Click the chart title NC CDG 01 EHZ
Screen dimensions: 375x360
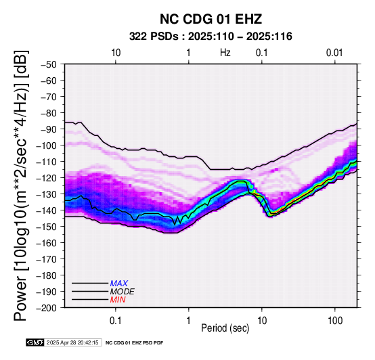(x=211, y=19)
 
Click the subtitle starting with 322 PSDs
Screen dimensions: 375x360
(x=211, y=37)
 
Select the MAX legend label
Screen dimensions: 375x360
(x=119, y=284)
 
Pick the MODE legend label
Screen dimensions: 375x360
(x=123, y=292)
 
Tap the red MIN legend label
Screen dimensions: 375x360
(x=118, y=300)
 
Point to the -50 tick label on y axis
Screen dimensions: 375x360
(x=49, y=64)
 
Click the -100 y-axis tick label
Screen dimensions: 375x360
(x=47, y=145)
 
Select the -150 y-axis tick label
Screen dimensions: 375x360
(x=47, y=227)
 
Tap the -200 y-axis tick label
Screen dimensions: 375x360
(x=47, y=308)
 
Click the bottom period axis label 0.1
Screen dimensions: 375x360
(x=116, y=320)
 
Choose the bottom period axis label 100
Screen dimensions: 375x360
(x=335, y=320)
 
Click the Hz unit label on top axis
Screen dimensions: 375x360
(x=225, y=53)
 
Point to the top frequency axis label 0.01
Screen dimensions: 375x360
(x=334, y=53)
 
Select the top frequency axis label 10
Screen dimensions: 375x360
(x=116, y=53)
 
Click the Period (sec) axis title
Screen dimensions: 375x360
(x=225, y=328)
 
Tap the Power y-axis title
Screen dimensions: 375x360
(x=21, y=185)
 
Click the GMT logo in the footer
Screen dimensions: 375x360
(x=35, y=342)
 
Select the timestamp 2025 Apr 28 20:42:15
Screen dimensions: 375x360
(x=72, y=342)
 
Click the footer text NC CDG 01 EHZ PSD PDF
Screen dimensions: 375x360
(x=135, y=343)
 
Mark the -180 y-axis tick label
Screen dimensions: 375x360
(x=47, y=275)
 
